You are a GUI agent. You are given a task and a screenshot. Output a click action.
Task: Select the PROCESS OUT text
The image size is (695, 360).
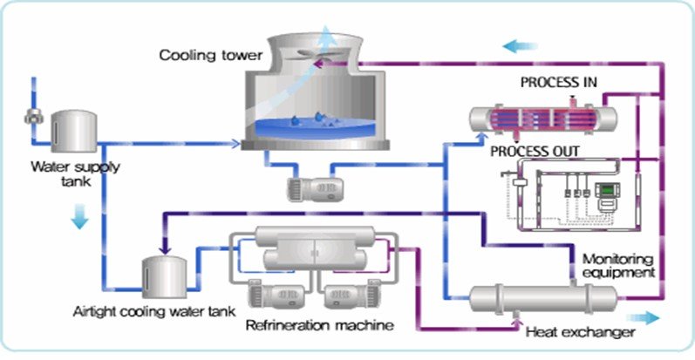(535, 151)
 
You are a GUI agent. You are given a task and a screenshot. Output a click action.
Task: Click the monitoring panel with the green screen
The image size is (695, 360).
(606, 194)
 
